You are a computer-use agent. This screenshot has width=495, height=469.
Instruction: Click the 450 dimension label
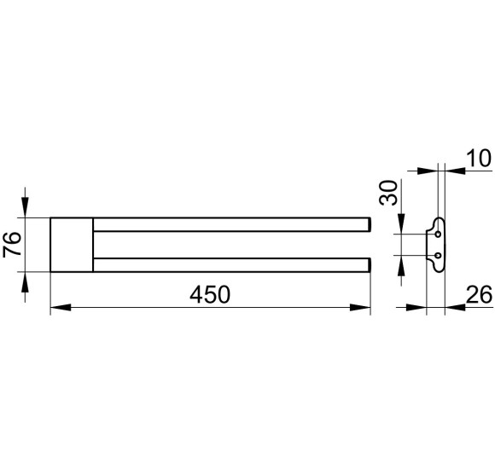tap(210, 294)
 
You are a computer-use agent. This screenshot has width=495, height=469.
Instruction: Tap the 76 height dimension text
tap(12, 244)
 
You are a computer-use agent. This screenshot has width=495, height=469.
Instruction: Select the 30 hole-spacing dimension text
tap(388, 193)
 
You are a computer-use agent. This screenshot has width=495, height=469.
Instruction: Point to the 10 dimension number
tap(479, 159)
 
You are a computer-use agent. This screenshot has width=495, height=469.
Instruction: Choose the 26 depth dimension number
tap(479, 294)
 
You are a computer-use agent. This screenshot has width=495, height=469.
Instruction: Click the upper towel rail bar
tap(232, 224)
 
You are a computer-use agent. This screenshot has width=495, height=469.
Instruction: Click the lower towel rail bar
tap(232, 265)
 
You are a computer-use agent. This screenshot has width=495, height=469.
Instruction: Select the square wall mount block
tap(72, 245)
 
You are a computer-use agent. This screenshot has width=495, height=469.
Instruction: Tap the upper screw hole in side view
tap(438, 234)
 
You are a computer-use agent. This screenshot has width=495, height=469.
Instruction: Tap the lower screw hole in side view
tap(438, 255)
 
